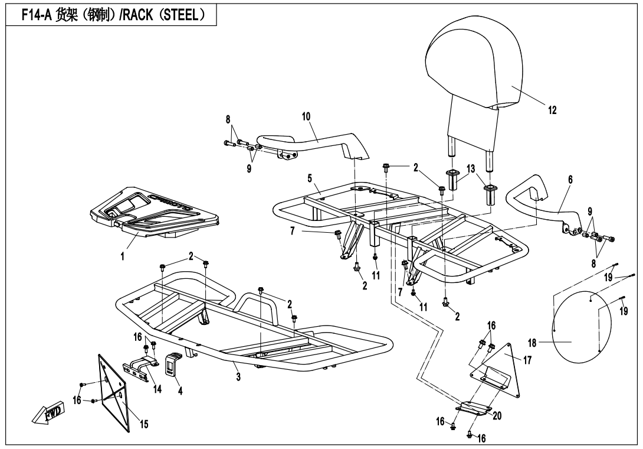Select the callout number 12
(x=551, y=110)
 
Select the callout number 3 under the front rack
(x=238, y=376)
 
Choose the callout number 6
(x=569, y=178)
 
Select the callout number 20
(x=497, y=415)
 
